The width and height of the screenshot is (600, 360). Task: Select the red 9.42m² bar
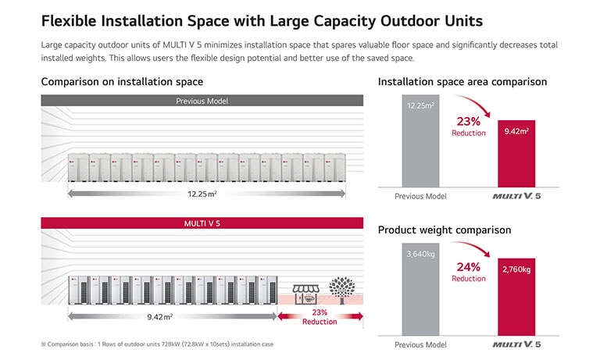coord(516,154)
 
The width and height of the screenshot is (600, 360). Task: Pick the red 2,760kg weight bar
coord(516,297)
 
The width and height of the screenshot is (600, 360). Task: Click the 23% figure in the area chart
coord(468,121)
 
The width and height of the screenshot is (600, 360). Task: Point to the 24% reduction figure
coord(468,267)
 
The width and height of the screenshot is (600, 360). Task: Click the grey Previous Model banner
coord(202,100)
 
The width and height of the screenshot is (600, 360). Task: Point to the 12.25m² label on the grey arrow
coord(202,193)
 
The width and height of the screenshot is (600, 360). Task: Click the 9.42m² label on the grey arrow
coord(159,317)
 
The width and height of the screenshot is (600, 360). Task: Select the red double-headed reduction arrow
coord(320,317)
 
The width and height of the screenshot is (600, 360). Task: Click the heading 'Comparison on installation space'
coord(122,82)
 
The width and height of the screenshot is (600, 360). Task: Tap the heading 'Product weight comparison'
coord(444,230)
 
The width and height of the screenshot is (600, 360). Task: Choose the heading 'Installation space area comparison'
coord(462,82)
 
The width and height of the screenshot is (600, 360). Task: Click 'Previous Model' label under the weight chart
coord(420,344)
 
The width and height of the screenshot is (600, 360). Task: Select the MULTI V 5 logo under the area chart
coord(516,197)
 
